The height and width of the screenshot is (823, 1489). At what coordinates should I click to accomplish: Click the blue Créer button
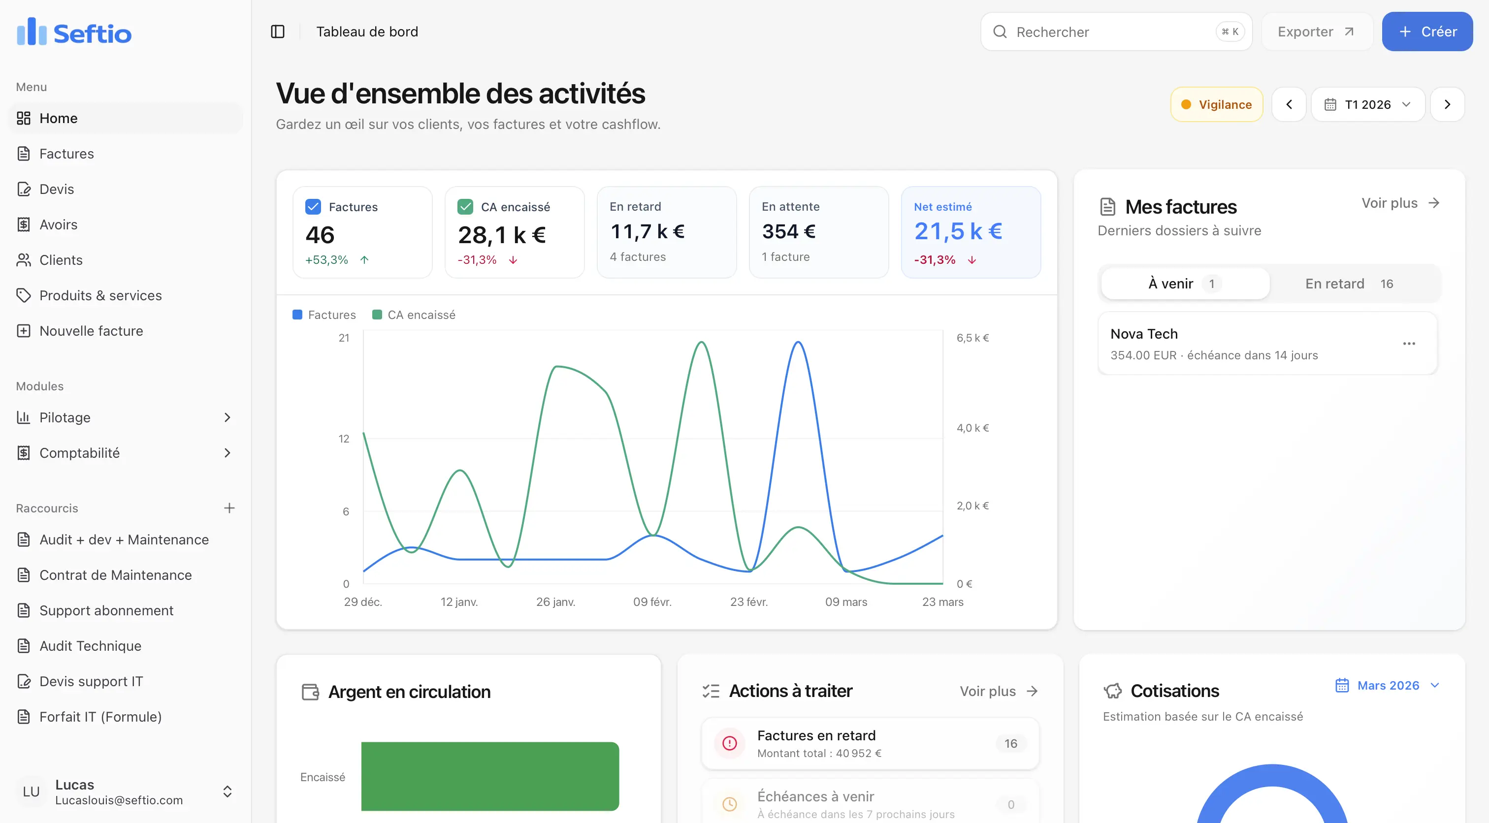(1426, 32)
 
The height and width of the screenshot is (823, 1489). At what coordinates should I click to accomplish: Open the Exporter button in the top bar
(1316, 32)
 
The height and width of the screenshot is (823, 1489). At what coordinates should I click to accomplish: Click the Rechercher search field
(1110, 32)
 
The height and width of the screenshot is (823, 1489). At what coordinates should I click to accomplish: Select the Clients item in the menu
(61, 260)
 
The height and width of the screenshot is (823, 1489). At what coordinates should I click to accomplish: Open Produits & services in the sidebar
(100, 295)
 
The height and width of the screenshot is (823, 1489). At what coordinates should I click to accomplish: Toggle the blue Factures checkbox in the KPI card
(313, 207)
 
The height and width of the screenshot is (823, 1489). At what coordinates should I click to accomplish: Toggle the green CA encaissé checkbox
(465, 207)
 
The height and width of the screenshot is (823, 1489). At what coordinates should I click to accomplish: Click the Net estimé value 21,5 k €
(958, 231)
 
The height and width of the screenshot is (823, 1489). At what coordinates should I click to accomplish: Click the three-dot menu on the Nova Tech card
(1409, 344)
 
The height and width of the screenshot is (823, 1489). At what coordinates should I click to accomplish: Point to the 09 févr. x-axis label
(652, 601)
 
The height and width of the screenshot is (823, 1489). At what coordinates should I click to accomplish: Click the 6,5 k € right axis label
(972, 338)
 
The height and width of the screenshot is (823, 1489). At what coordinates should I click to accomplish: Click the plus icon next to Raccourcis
(229, 508)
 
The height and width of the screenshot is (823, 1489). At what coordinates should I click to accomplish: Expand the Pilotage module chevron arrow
(227, 417)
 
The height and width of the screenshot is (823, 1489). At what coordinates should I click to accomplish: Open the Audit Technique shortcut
(90, 646)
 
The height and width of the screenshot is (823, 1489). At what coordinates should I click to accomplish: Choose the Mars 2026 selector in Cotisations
(1387, 686)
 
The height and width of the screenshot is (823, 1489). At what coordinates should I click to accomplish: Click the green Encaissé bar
(489, 776)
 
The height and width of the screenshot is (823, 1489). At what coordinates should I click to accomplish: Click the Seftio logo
(74, 32)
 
